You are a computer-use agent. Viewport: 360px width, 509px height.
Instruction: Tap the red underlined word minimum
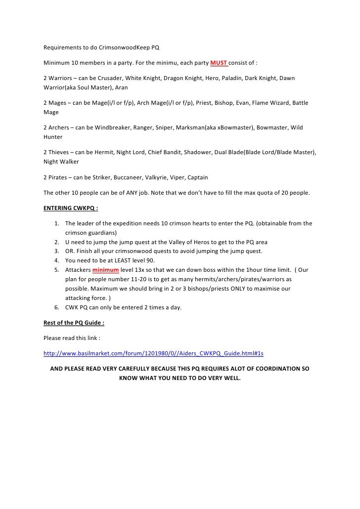[106, 270]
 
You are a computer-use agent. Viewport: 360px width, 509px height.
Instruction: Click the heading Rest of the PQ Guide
[74, 323]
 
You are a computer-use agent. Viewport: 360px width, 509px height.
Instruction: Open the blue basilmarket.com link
[153, 354]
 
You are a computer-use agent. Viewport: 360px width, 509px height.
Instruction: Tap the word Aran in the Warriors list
[121, 87]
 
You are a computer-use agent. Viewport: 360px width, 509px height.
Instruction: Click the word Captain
[196, 177]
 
